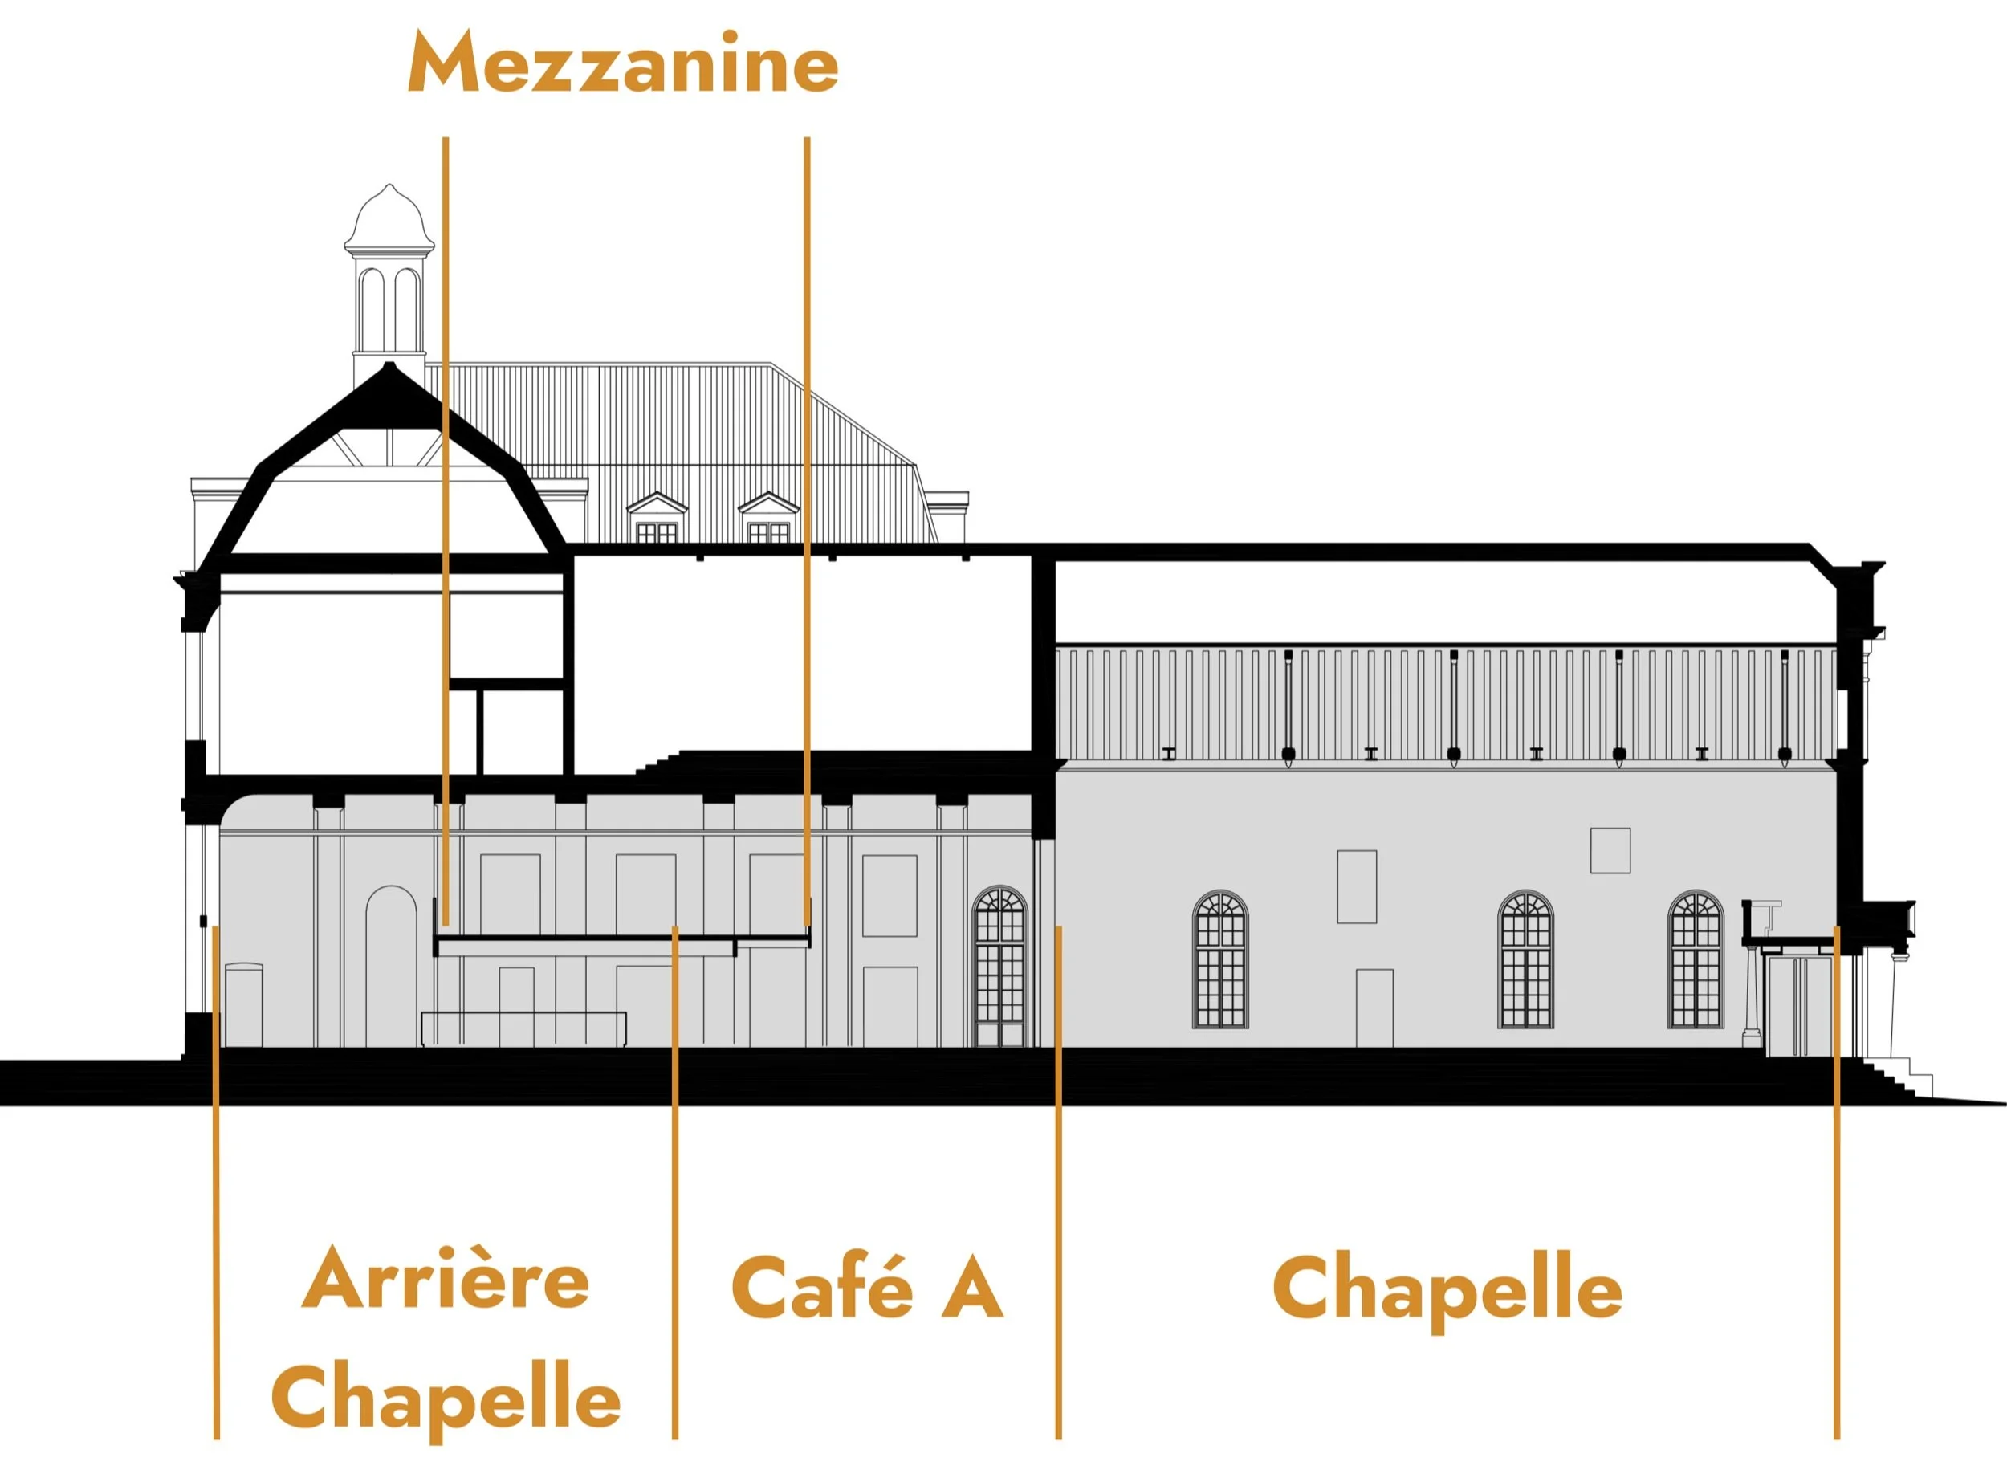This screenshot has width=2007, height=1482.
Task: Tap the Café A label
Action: tap(867, 1289)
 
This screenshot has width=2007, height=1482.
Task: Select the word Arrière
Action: tap(445, 1279)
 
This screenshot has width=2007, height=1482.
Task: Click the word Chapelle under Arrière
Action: tap(445, 1400)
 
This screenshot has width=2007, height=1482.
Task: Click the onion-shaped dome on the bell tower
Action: tap(389, 219)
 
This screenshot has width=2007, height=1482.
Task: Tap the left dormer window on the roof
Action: tap(656, 519)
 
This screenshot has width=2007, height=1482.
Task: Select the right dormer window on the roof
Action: tap(768, 519)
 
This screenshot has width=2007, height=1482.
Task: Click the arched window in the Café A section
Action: tap(999, 965)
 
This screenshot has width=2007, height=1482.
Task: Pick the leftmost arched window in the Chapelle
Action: tap(1220, 959)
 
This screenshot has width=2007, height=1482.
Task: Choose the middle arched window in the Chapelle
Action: tap(1525, 959)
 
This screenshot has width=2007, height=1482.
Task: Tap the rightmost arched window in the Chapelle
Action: tap(1695, 959)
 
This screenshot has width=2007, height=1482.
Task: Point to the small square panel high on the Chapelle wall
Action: tap(1610, 849)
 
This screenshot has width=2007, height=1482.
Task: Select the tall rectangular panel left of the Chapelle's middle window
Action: tap(1357, 886)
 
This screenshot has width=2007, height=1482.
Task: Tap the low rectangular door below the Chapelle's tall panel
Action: tap(1374, 1008)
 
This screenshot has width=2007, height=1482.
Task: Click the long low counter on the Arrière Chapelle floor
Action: tap(524, 1028)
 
